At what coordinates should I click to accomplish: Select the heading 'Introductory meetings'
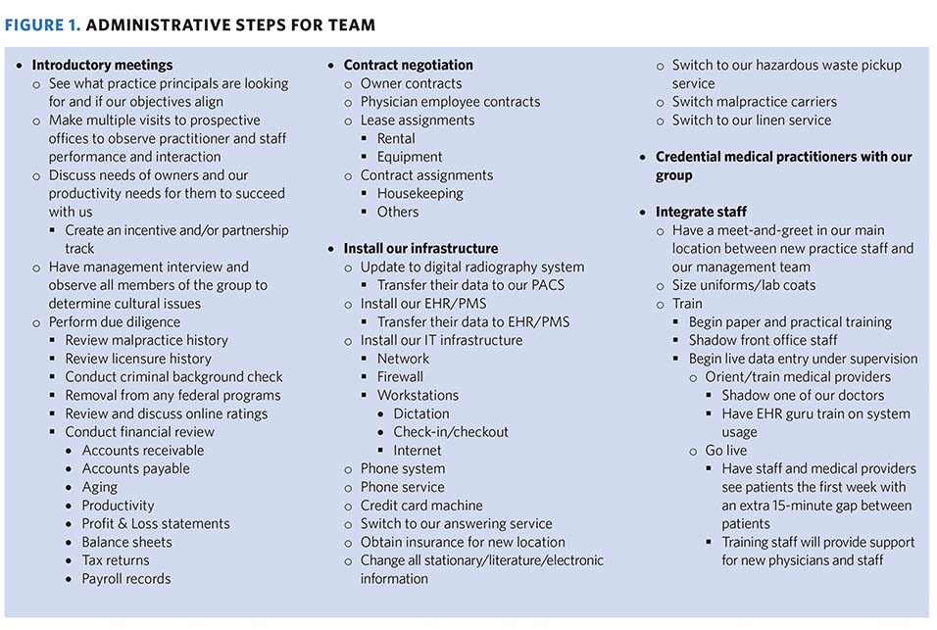point(102,66)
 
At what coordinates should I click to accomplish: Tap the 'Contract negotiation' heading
point(408,66)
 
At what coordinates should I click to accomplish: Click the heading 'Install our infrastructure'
point(420,249)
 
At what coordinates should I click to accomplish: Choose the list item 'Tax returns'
point(116,560)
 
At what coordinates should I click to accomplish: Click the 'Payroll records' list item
point(126,579)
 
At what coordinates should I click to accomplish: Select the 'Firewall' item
point(400,377)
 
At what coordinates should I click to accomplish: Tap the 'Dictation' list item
point(421,413)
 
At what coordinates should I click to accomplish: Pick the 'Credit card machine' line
point(421,506)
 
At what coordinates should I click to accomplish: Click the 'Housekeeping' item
point(420,194)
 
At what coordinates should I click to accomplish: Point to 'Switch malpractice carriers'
point(754,102)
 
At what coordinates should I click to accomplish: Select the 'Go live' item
point(726,451)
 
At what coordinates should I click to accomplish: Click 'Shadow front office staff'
point(763,340)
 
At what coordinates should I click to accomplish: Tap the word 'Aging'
point(99,487)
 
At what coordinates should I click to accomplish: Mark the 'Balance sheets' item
point(126,542)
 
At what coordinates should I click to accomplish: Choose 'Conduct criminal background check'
point(174,377)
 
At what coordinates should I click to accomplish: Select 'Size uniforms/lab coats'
point(744,285)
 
